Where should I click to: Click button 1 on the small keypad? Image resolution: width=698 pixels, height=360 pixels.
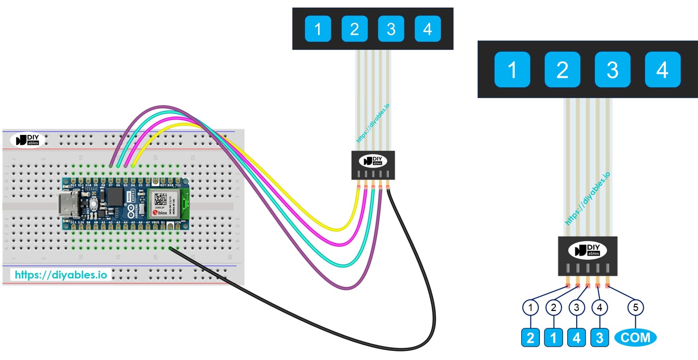pos(317,29)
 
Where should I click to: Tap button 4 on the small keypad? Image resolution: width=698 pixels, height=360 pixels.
pos(428,29)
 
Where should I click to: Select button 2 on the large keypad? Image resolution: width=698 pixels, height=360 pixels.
pos(562,70)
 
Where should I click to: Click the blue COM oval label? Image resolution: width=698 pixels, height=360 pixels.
pos(636,337)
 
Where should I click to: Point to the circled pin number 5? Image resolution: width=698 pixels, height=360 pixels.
pos(636,308)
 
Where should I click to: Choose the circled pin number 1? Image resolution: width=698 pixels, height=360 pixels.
pos(531,308)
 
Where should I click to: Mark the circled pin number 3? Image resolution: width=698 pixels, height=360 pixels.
pos(576,308)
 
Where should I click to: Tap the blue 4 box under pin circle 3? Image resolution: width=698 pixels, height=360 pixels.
pos(576,338)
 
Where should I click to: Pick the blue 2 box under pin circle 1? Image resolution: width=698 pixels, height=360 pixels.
pos(531,338)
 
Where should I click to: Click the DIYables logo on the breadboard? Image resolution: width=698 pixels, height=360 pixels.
pos(27,140)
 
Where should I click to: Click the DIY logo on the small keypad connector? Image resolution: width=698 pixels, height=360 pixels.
pos(373,161)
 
